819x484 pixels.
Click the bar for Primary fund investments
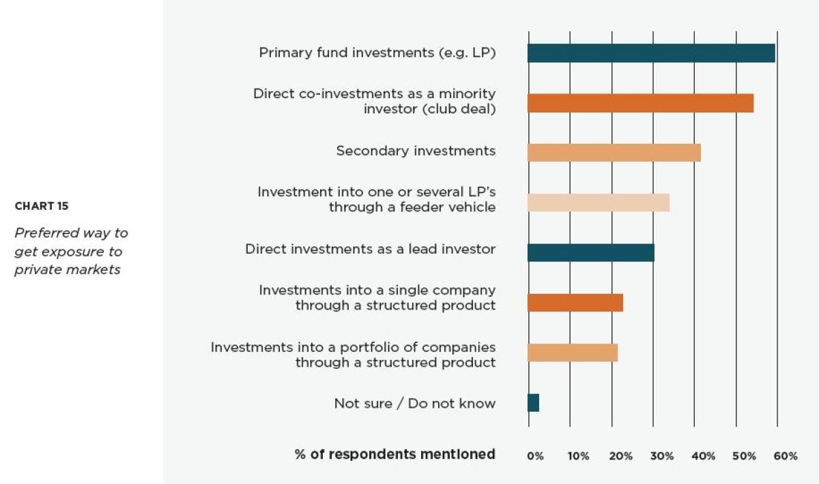point(651,53)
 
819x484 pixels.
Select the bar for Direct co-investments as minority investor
point(640,103)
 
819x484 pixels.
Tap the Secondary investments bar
point(614,153)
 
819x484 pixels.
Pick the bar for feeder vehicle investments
point(599,202)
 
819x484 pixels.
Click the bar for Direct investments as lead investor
point(591,252)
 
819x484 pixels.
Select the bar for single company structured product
point(575,303)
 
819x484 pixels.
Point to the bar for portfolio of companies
point(573,352)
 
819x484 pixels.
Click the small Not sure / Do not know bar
point(534,403)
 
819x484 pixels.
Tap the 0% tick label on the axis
point(536,456)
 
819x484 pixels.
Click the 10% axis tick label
point(578,456)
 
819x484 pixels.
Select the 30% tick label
point(662,456)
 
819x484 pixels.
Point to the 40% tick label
point(704,456)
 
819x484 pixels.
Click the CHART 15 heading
point(42,206)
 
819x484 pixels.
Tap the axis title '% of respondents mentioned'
point(395,454)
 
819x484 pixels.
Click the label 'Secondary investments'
point(416,151)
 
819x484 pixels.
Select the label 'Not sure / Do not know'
point(414,404)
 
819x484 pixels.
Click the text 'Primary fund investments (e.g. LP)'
point(377,52)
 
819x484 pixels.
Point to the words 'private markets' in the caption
point(68,269)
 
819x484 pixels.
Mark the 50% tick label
point(745,456)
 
